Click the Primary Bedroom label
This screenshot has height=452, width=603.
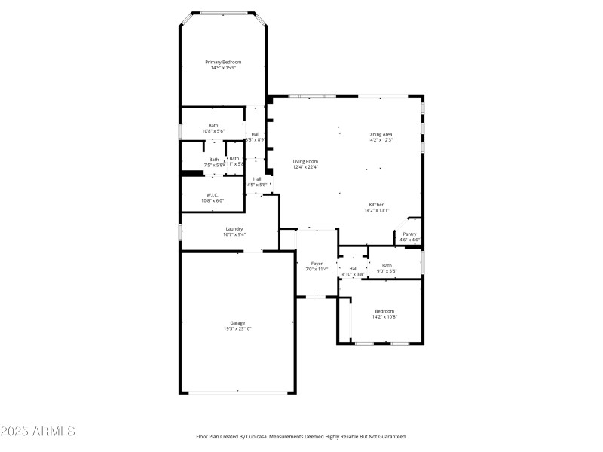(x=223, y=62)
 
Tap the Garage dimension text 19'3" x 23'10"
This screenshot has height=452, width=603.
(x=237, y=328)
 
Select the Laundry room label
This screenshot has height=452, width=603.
(x=234, y=228)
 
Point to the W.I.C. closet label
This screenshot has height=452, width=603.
(x=213, y=195)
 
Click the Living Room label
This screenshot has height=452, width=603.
(x=305, y=161)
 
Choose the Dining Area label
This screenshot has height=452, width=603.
(x=380, y=134)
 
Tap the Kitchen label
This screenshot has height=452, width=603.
(x=377, y=205)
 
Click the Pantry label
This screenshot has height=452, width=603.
(x=409, y=234)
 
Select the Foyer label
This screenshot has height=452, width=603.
(x=317, y=264)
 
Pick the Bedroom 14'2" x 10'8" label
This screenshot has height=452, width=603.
(x=384, y=311)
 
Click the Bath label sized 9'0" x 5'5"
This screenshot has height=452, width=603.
(x=387, y=265)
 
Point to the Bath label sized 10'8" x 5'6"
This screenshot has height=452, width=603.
(x=213, y=126)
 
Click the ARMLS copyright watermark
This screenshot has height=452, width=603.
(x=38, y=432)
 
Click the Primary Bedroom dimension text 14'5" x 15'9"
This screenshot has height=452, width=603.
(x=223, y=68)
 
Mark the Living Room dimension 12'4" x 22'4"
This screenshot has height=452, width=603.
(x=305, y=167)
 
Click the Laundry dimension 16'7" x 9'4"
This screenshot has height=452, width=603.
(x=234, y=234)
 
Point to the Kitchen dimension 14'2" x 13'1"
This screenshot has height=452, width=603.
(x=377, y=211)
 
